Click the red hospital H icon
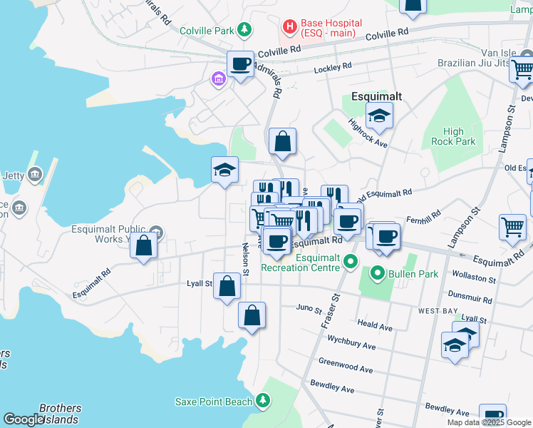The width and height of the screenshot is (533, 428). click(x=290, y=28)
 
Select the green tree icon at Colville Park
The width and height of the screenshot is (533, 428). click(x=244, y=30)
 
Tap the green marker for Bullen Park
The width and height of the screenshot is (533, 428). click(x=376, y=272)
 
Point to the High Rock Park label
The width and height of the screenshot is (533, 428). click(x=452, y=136)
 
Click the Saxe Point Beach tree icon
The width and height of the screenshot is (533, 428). click(x=264, y=402)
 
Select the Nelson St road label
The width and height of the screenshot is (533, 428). click(x=245, y=260)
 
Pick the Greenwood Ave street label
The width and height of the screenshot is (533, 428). click(x=346, y=365)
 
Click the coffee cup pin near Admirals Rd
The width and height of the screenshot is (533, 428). click(x=241, y=65)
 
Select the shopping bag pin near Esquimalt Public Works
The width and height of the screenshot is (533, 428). click(x=144, y=246)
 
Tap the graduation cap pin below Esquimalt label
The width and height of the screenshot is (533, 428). click(x=380, y=116)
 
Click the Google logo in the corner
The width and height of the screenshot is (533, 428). click(x=24, y=419)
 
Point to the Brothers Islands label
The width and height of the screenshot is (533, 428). click(x=60, y=414)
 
